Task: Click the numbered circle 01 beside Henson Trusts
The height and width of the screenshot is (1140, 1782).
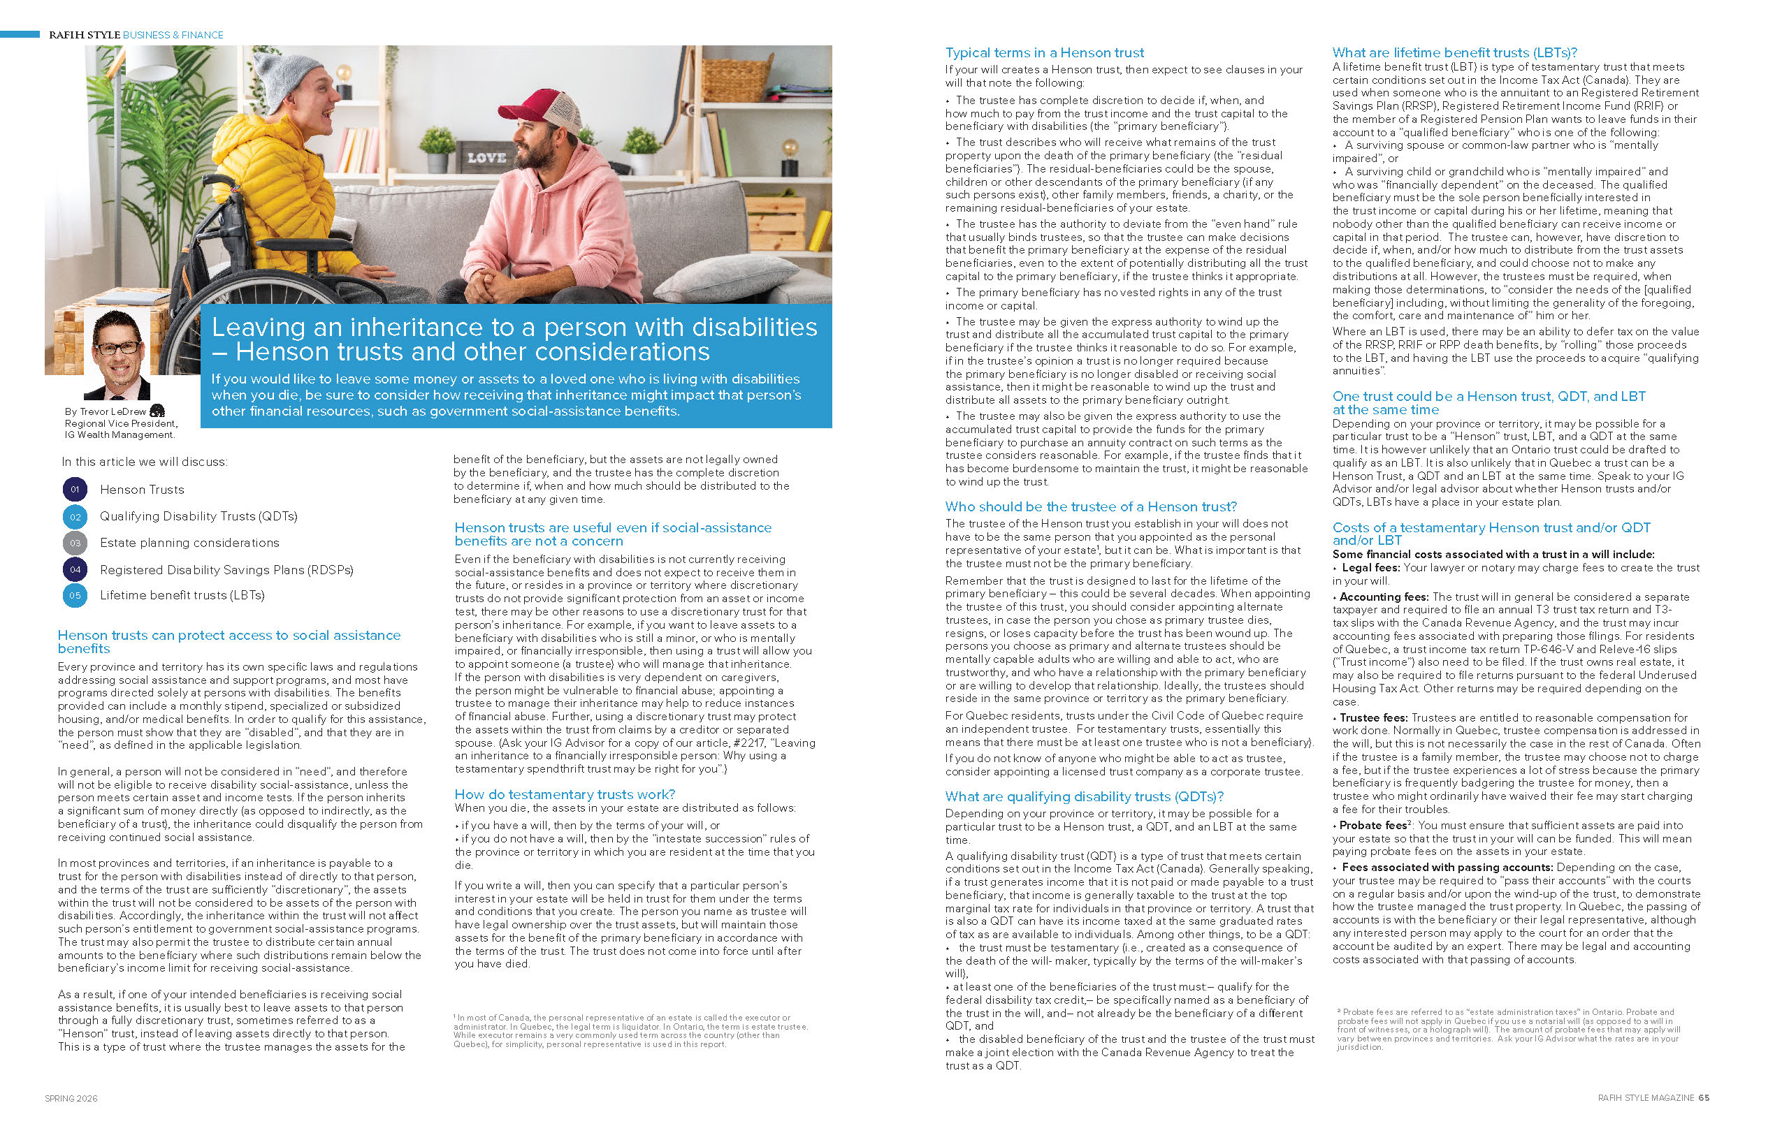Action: pyautogui.click(x=75, y=489)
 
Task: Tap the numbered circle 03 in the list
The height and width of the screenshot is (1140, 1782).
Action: pyautogui.click(x=75, y=543)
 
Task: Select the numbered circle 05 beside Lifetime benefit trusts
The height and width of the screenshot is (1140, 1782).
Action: pyautogui.click(x=75, y=595)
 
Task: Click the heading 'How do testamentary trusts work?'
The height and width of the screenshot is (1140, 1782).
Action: pyautogui.click(x=564, y=794)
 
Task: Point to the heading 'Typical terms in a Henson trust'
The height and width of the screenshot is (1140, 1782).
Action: pyautogui.click(x=1044, y=52)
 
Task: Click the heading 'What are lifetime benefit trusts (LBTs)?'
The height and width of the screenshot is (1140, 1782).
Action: pyautogui.click(x=1454, y=52)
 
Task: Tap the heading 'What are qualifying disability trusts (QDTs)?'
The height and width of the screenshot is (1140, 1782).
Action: pyautogui.click(x=1084, y=796)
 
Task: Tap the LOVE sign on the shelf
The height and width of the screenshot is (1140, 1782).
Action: pyautogui.click(x=486, y=158)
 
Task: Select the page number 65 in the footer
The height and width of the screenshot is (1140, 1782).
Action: pyautogui.click(x=1704, y=1098)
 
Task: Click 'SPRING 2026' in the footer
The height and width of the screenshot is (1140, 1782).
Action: pyautogui.click(x=71, y=1099)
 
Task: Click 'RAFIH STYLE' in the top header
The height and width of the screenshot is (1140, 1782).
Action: pyautogui.click(x=84, y=35)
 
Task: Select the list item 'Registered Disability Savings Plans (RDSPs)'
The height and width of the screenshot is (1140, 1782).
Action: pyautogui.click(x=226, y=569)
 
